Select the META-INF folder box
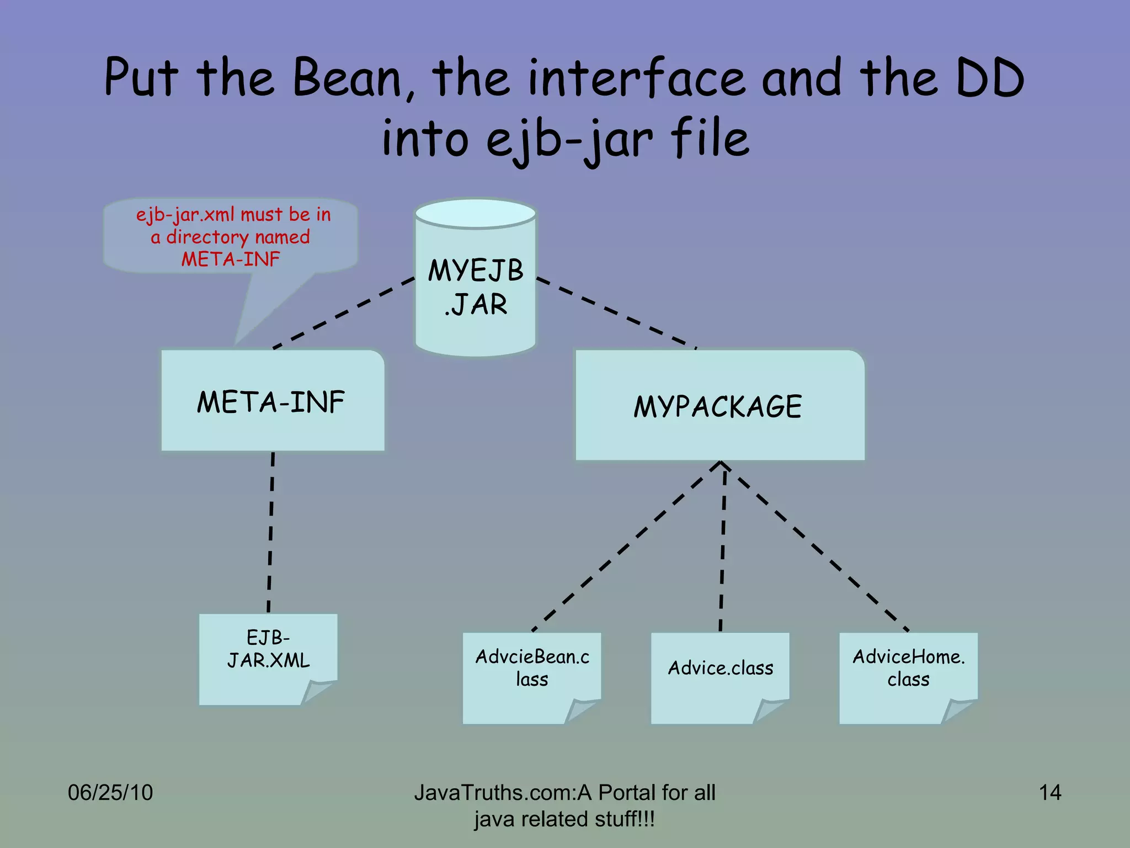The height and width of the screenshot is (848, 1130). click(273, 401)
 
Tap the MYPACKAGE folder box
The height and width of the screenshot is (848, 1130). click(719, 406)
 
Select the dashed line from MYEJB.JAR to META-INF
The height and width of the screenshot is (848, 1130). click(343, 313)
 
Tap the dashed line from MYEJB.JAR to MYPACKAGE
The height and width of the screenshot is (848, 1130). click(616, 312)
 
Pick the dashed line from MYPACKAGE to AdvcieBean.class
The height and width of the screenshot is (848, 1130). click(626, 547)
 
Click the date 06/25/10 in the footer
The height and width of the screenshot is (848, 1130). click(110, 793)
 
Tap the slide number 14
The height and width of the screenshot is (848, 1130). click(1049, 793)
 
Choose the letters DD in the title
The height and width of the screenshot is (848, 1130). click(989, 78)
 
